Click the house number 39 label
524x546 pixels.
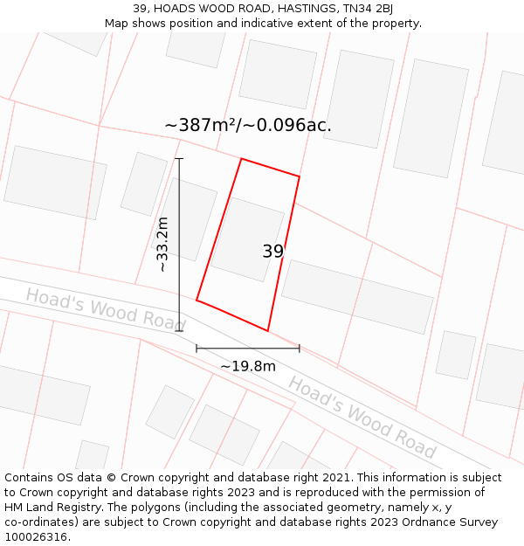pyautogui.click(x=273, y=252)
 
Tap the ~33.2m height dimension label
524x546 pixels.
pyautogui.click(x=162, y=245)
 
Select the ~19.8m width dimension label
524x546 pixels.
pyautogui.click(x=247, y=366)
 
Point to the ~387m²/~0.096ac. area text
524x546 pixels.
pyautogui.click(x=248, y=125)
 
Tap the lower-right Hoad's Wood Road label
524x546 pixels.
pyautogui.click(x=362, y=417)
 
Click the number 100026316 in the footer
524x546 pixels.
pyautogui.click(x=38, y=537)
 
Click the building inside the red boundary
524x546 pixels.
pyautogui.click(x=247, y=238)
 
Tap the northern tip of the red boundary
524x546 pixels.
pyautogui.click(x=241, y=159)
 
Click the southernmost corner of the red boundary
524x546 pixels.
pyautogui.click(x=267, y=331)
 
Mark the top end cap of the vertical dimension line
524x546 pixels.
pyautogui.click(x=179, y=158)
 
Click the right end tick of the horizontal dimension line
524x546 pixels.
pyautogui.click(x=300, y=348)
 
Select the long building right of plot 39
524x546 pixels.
pyautogui.click(x=357, y=296)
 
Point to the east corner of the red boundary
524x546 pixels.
pyautogui.click(x=300, y=176)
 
